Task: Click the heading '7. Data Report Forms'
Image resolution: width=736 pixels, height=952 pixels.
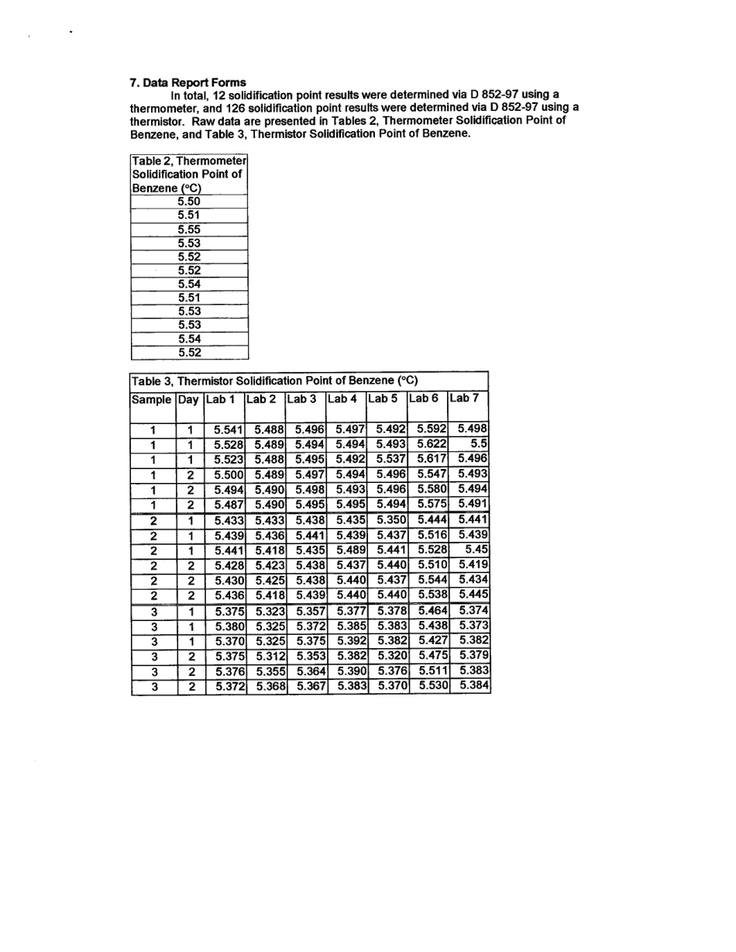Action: point(188,82)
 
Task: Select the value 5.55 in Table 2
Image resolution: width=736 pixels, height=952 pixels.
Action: point(189,229)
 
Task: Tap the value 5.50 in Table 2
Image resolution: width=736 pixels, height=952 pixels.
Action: point(189,202)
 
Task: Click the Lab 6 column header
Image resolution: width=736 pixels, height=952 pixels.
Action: point(424,398)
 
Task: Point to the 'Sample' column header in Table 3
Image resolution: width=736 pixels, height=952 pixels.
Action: point(152,399)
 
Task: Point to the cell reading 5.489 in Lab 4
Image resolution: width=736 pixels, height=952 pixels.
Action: point(351,550)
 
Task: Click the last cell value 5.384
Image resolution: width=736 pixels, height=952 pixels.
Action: point(473,686)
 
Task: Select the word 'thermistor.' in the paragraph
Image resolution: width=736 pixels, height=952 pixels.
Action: point(157,119)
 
